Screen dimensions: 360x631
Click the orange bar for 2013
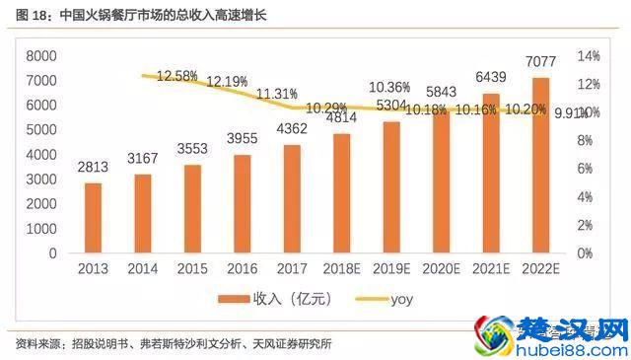(93, 218)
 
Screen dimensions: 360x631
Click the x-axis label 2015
(191, 268)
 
